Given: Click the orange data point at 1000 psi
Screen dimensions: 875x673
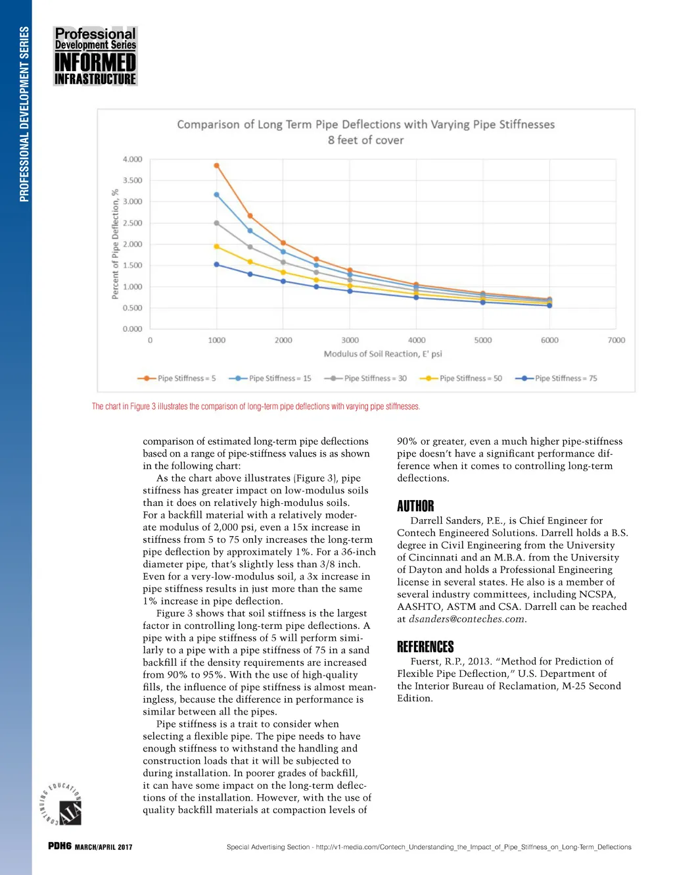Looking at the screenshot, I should [x=217, y=166].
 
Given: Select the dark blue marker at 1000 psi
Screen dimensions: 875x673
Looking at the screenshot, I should [x=217, y=264].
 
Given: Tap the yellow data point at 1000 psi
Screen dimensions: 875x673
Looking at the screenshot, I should [x=217, y=247].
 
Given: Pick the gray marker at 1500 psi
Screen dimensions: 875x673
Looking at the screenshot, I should [x=250, y=247].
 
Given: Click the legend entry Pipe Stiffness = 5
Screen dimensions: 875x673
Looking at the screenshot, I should [x=176, y=378].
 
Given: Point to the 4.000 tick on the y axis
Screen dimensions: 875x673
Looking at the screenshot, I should [x=132, y=159].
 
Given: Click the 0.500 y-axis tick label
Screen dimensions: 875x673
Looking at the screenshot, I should [x=132, y=308].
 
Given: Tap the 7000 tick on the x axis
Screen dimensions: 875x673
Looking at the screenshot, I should [x=616, y=340].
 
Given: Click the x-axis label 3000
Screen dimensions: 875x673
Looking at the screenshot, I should [x=350, y=340].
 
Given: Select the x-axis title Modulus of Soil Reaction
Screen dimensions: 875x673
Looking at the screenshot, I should [x=383, y=354].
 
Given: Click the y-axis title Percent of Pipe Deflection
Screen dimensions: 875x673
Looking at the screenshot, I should [x=115, y=244].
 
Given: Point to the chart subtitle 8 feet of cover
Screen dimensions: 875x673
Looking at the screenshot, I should [x=365, y=140].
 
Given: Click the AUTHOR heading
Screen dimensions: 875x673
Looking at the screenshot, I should [x=415, y=506].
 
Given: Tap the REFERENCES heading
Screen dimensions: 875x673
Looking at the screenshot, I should [x=425, y=647].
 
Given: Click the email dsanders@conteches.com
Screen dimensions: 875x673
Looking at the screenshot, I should [x=467, y=619].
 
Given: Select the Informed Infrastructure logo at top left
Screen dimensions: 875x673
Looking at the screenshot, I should [x=95, y=56].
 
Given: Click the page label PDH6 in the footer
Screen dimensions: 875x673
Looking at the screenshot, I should [x=59, y=846].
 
